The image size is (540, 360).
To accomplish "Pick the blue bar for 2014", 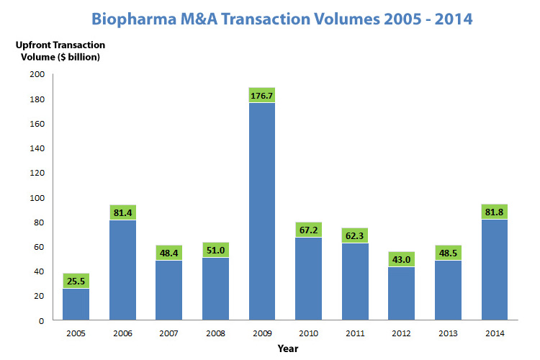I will pyautogui.click(x=495, y=269).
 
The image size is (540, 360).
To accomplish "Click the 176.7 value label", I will pyautogui.click(x=262, y=95).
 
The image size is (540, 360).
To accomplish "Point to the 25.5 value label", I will pyautogui.click(x=76, y=281).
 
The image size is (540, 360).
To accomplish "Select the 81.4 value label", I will pyautogui.click(x=122, y=212).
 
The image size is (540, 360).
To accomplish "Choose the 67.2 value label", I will pyautogui.click(x=308, y=230).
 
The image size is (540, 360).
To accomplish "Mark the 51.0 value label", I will pyautogui.click(x=215, y=250).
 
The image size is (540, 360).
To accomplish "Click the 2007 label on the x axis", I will pyautogui.click(x=168, y=333).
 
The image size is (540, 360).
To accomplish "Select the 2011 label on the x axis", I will pyautogui.click(x=355, y=333).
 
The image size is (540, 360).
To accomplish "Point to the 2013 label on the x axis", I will pyautogui.click(x=448, y=333).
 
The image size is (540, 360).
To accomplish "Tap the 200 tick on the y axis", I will pyautogui.click(x=37, y=74).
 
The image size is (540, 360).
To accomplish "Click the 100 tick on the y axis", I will pyautogui.click(x=37, y=197).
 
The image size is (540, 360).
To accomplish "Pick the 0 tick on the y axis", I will pyautogui.click(x=42, y=320).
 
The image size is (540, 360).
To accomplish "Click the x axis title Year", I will pyautogui.click(x=288, y=348).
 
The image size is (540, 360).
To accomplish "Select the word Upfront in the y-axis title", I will pyautogui.click(x=35, y=44).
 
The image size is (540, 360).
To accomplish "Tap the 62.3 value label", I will pyautogui.click(x=355, y=235).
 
